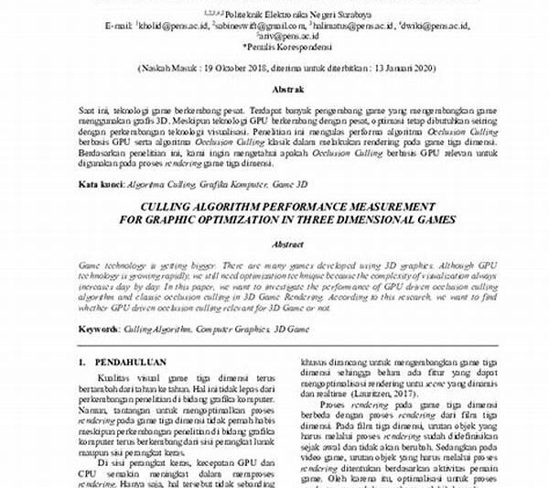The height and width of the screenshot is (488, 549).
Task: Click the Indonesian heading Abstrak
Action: (x=274, y=91)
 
